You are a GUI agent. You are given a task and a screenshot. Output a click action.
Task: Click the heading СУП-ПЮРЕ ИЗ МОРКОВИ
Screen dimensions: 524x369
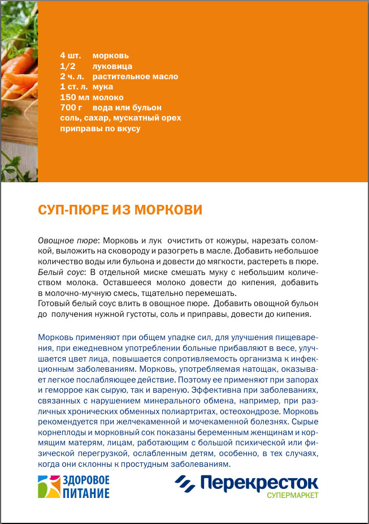coord(120,210)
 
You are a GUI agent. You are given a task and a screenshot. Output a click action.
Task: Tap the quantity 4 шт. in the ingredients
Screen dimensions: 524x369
coord(71,56)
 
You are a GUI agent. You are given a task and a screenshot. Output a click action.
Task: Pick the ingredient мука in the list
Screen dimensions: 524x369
coord(103,87)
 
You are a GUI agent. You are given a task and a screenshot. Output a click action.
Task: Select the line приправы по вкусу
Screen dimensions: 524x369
coord(100,128)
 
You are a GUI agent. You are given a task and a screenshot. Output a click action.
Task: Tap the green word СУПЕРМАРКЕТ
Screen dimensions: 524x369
coord(293,496)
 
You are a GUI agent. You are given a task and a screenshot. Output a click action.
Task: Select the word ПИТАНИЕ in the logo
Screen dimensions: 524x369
coord(85,493)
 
